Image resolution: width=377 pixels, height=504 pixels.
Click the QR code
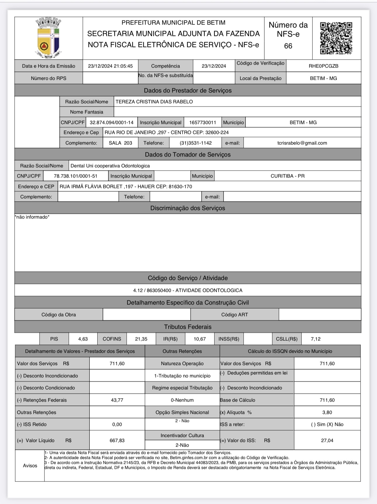[336, 38]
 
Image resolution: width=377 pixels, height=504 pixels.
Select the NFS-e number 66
[288, 46]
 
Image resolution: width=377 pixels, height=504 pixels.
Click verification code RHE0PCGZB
[324, 66]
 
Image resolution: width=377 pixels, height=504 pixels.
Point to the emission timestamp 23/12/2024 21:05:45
[110, 66]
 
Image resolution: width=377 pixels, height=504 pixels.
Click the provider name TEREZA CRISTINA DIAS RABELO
[154, 102]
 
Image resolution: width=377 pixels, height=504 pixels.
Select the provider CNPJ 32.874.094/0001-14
[112, 123]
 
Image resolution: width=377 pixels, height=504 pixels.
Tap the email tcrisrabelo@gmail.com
[302, 143]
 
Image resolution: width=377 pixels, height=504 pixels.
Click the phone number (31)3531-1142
[196, 143]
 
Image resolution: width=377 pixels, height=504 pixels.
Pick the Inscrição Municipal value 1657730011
[203, 123]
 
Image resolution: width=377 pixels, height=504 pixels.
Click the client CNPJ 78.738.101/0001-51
[76, 176]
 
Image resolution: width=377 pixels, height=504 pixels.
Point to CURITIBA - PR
[288, 176]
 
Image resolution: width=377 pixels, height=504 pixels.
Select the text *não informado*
[32, 217]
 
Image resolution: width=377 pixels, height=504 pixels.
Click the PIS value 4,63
[83, 339]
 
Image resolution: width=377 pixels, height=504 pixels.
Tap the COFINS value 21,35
[141, 339]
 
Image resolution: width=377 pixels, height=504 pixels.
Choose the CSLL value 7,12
[316, 339]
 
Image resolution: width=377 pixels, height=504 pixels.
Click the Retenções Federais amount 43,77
[117, 400]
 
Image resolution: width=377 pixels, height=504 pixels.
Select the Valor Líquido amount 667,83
[117, 441]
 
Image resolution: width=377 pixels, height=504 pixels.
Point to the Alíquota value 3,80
[327, 412]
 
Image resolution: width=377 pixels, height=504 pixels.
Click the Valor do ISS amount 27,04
[327, 441]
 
